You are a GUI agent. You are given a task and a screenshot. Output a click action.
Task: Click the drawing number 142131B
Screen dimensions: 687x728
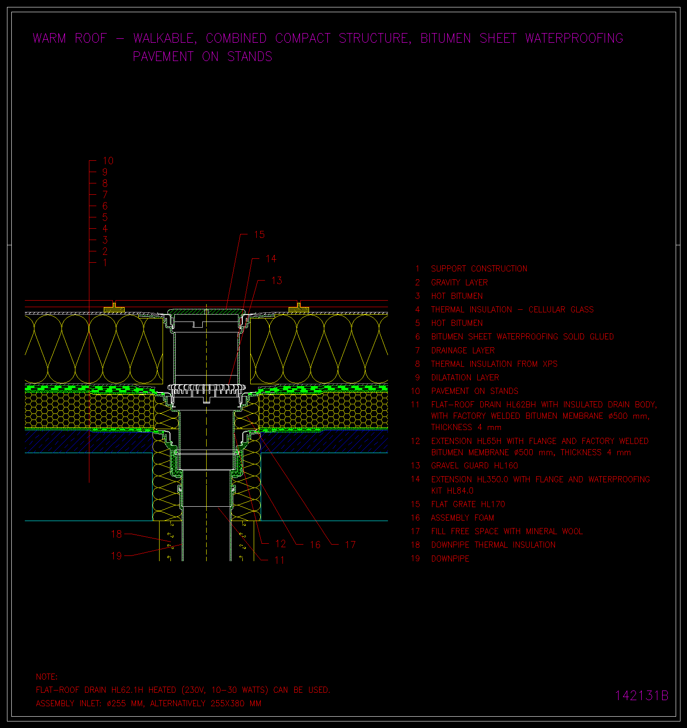[x=641, y=695]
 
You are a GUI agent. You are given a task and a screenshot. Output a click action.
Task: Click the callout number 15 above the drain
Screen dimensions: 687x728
[x=259, y=235]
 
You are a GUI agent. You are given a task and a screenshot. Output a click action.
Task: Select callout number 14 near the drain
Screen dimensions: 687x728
[x=271, y=259]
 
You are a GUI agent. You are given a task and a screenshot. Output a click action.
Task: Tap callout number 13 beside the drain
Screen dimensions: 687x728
[x=276, y=281]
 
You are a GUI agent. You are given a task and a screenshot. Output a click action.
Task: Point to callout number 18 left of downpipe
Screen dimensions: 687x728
[x=116, y=534]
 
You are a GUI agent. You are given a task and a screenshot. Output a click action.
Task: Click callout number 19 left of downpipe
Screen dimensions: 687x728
[x=116, y=556]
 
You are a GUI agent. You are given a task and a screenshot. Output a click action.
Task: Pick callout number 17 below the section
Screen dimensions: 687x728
[x=350, y=545]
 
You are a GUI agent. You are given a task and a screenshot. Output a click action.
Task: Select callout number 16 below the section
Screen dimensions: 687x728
[x=315, y=545]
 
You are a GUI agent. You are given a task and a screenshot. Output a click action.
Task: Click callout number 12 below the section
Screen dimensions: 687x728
[x=280, y=544]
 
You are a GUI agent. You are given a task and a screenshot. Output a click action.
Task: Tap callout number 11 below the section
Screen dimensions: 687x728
[x=279, y=560]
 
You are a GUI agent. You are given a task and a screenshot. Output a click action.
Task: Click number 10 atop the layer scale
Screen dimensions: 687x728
[x=108, y=161]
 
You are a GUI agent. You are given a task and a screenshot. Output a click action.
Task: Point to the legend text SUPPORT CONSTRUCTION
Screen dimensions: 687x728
[x=479, y=269]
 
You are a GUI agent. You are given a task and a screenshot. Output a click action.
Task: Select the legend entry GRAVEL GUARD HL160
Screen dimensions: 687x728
[x=475, y=466]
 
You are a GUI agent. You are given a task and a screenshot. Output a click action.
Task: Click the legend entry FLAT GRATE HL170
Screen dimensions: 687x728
[x=468, y=505]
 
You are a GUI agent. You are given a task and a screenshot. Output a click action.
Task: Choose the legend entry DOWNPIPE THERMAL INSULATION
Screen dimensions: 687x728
[x=493, y=545]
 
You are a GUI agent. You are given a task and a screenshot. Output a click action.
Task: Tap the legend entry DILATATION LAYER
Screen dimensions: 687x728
[x=465, y=378]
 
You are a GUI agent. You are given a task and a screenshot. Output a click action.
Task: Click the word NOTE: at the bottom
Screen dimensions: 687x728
[x=47, y=677]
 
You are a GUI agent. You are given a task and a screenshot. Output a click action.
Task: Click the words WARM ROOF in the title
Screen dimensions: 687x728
[x=70, y=38]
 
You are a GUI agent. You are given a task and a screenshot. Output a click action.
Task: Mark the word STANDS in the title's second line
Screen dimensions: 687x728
[x=250, y=57]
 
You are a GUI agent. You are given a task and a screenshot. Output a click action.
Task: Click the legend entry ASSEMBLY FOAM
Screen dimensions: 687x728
[x=463, y=518]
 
